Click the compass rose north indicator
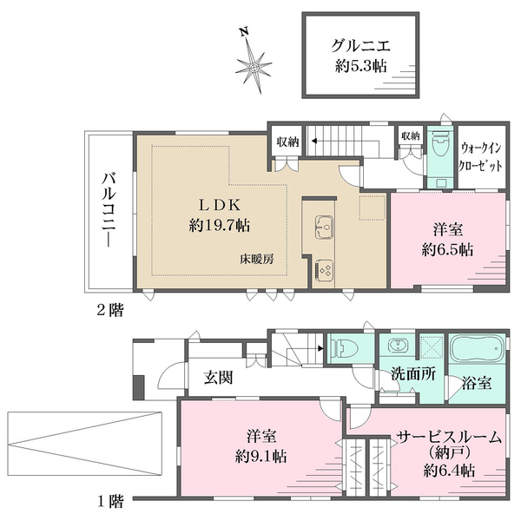(x=253, y=63)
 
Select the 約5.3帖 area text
(x=359, y=68)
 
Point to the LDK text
(x=219, y=205)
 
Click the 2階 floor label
(x=109, y=309)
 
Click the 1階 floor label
(x=109, y=501)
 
